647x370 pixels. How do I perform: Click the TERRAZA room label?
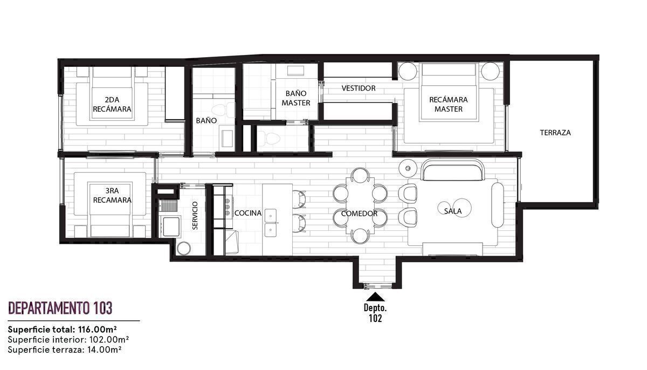[x=555, y=133]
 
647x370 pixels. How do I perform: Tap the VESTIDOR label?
[x=359, y=88]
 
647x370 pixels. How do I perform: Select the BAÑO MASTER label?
[x=296, y=98]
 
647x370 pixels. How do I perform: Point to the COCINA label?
[x=248, y=213]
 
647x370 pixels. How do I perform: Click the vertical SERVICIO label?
[x=195, y=216]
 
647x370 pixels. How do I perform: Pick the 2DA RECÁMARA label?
[x=112, y=104]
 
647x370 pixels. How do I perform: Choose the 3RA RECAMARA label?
[x=112, y=195]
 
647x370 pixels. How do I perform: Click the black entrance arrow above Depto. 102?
[x=375, y=297]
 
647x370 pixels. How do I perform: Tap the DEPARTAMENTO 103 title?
[x=60, y=308]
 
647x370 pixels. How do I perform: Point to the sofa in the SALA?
[x=452, y=170]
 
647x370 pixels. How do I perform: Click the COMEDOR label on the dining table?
[x=359, y=214]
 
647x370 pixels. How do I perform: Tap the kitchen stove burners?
[x=228, y=207]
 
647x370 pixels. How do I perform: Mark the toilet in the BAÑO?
[x=223, y=111]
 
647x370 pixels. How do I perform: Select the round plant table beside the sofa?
[x=408, y=168]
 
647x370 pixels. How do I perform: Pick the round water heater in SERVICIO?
[x=184, y=248]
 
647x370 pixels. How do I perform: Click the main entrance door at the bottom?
[x=377, y=286]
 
